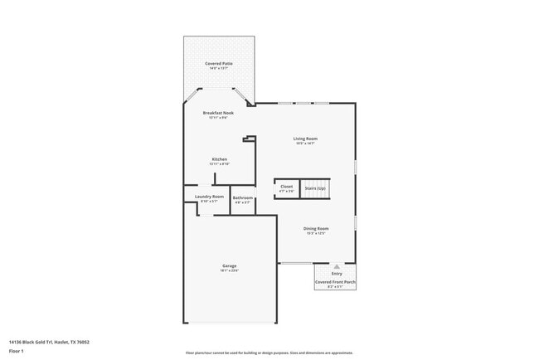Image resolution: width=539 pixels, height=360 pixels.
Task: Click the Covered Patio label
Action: (219, 63)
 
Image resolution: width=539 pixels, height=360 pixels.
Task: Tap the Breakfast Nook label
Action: (219, 112)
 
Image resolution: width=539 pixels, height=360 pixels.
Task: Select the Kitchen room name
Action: (219, 158)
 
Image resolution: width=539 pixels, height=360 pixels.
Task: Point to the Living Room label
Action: (305, 139)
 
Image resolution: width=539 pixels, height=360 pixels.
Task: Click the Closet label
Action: (286, 187)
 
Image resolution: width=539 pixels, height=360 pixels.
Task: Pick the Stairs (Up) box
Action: (315, 187)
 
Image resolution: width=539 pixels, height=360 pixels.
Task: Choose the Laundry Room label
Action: (209, 197)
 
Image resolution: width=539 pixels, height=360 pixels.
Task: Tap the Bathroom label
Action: (242, 197)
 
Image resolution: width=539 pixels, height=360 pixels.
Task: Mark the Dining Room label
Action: (316, 228)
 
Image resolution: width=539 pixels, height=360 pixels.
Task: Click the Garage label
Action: (229, 265)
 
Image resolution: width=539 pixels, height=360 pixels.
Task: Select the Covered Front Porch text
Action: (335, 282)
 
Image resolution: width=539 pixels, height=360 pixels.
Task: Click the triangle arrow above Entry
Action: (337, 267)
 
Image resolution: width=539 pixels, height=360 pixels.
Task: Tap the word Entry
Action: (337, 274)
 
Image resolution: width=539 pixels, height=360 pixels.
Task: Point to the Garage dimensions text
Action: (229, 270)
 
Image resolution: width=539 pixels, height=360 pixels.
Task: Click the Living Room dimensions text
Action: (305, 144)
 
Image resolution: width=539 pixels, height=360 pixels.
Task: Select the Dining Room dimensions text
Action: (316, 233)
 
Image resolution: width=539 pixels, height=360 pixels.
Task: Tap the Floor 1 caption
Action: (16, 351)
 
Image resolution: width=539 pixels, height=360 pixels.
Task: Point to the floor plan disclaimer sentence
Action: (269, 353)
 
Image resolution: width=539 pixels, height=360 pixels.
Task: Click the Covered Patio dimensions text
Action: (219, 68)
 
